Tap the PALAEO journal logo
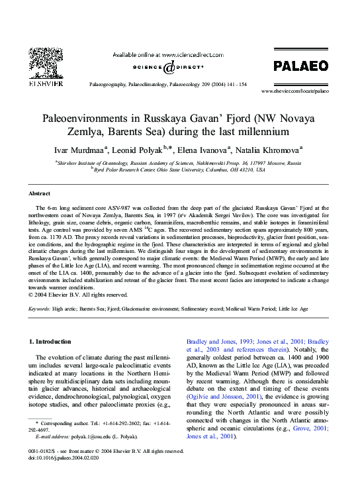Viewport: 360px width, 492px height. point(300,65)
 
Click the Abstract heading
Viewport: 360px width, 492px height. point(39,193)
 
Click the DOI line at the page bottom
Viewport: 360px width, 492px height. point(73,456)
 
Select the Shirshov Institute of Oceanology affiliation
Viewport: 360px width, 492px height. point(179,162)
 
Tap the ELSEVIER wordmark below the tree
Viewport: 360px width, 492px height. point(47,83)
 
